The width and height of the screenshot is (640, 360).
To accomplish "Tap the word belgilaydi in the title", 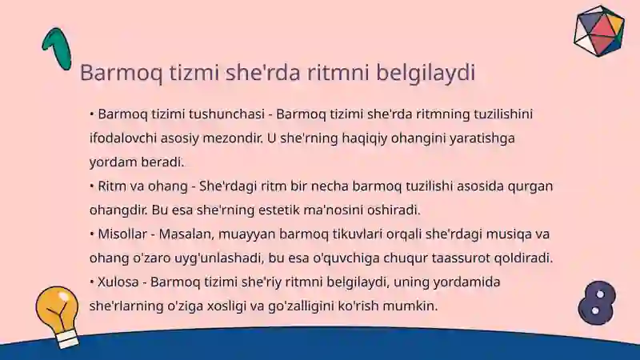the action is click(426, 73).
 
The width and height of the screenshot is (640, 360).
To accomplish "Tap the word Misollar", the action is click(122, 234).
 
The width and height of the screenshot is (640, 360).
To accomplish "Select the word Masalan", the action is click(186, 234).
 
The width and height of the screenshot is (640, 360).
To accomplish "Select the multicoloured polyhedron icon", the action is click(598, 30).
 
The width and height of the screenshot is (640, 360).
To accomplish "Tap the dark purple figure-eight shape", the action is click(597, 302).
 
